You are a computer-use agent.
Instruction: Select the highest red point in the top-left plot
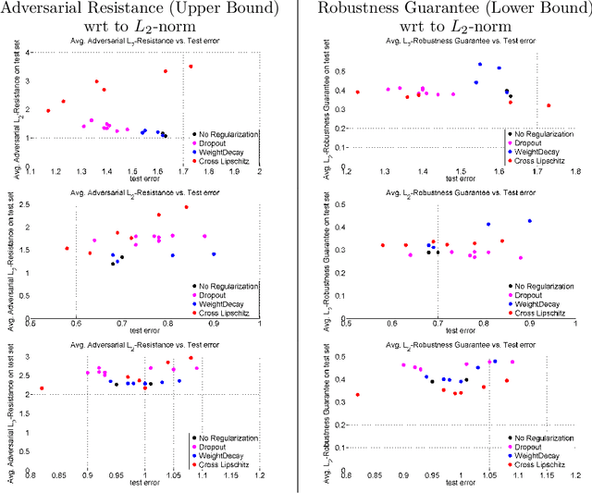pyautogui.click(x=191, y=67)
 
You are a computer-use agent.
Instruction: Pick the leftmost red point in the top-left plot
pyautogui.click(x=48, y=111)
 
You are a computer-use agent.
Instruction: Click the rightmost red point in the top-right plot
pyautogui.click(x=549, y=105)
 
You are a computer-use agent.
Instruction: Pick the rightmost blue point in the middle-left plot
pyautogui.click(x=214, y=253)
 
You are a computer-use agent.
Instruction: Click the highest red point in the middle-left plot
pyautogui.click(x=186, y=207)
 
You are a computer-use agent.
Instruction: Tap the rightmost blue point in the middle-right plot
pyautogui.click(x=530, y=221)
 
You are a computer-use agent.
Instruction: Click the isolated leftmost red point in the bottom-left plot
pyautogui.click(x=42, y=388)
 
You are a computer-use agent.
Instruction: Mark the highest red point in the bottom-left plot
pyautogui.click(x=191, y=358)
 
